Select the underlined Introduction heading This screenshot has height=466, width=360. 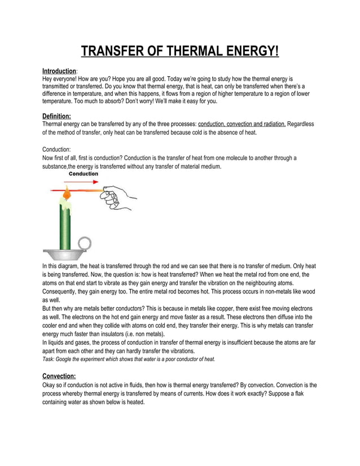(x=59, y=71)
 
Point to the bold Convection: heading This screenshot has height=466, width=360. (x=59, y=376)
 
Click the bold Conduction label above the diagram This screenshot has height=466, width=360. (x=84, y=174)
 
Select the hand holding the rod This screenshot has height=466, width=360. (x=118, y=197)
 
